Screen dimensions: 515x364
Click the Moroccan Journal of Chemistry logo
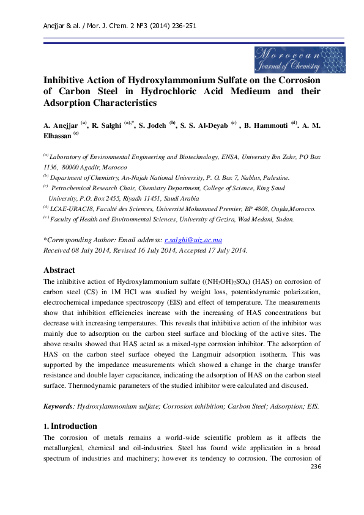[299, 59]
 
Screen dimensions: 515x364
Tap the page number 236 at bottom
[316, 467]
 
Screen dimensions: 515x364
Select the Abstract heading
[59, 270]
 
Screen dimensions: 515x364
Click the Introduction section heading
[73, 426]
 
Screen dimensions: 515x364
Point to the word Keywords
[58, 406]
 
